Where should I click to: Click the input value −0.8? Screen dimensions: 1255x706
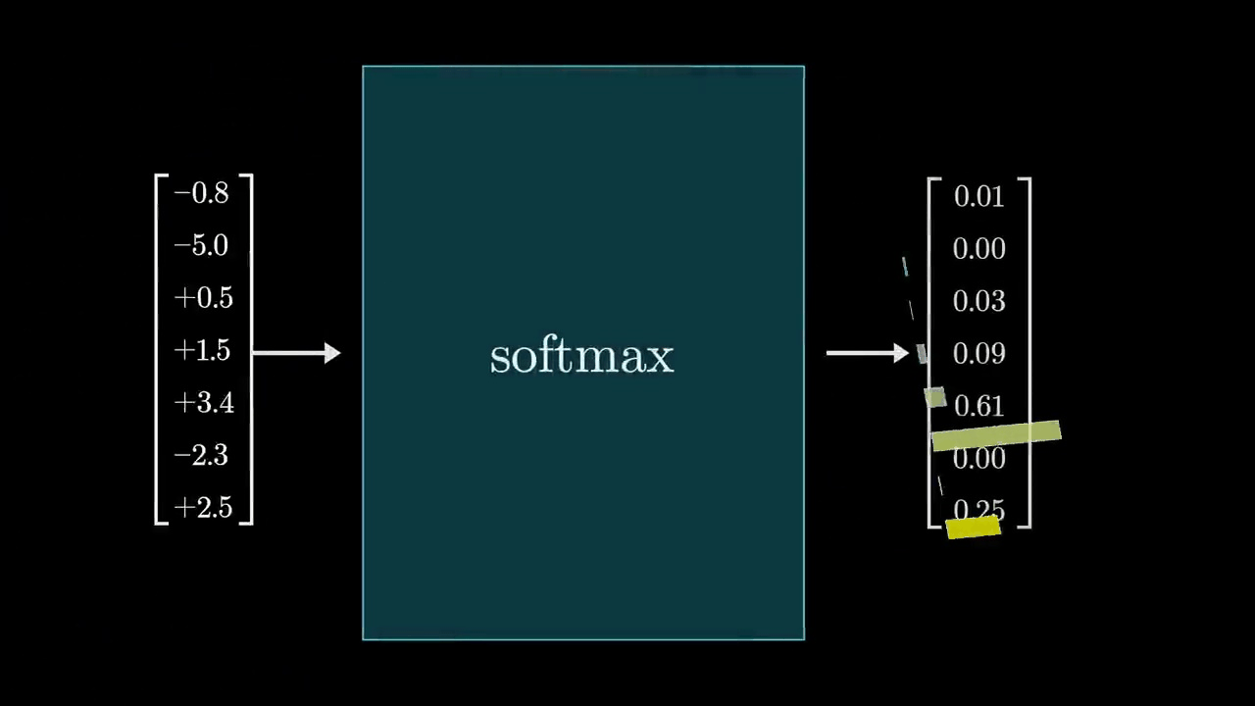click(x=202, y=193)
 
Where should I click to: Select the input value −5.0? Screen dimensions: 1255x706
click(x=202, y=245)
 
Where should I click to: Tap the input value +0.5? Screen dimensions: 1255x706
click(x=203, y=298)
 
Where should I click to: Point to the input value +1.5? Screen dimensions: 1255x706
click(x=202, y=350)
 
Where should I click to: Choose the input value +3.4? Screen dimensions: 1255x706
click(x=203, y=403)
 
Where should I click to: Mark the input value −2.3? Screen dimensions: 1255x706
click(x=202, y=455)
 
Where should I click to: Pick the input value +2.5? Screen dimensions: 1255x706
click(x=203, y=508)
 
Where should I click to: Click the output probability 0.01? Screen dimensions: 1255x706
click(x=979, y=197)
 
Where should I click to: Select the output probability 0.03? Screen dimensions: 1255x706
click(x=979, y=302)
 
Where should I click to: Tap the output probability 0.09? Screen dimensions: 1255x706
click(x=979, y=354)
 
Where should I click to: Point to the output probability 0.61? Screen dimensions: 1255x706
click(x=979, y=406)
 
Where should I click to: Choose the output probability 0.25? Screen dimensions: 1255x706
click(x=979, y=510)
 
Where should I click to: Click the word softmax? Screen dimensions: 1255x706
click(x=582, y=356)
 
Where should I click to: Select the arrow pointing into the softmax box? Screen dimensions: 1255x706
click(x=296, y=352)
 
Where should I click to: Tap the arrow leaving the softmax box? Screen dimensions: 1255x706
click(x=868, y=352)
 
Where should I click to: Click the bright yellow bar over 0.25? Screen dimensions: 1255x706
click(x=974, y=529)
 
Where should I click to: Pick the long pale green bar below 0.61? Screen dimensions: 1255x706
click(x=995, y=436)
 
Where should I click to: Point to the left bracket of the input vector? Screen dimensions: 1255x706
click(x=158, y=350)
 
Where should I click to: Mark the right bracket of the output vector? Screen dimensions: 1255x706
click(x=1028, y=353)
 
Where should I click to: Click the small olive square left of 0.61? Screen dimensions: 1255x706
click(x=935, y=397)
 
